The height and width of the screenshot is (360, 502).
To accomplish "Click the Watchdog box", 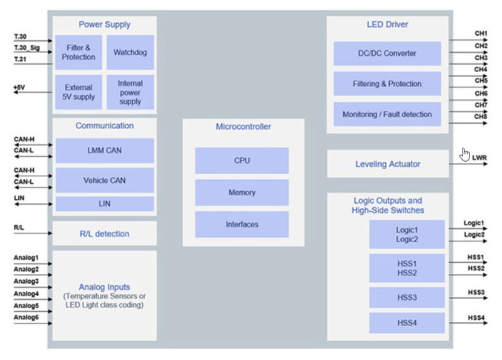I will click(130, 52).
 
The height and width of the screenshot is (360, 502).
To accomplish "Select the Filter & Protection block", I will click(78, 52).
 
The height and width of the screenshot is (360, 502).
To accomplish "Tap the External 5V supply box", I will click(78, 92).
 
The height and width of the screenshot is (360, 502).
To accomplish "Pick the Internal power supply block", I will click(130, 92).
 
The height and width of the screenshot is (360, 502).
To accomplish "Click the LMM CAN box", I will click(104, 151).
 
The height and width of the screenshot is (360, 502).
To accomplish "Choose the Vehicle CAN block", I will click(104, 180).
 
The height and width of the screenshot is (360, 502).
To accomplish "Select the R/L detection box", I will click(104, 234).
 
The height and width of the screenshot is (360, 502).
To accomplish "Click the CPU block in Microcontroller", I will click(242, 161).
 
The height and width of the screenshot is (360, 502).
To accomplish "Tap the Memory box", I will click(242, 193).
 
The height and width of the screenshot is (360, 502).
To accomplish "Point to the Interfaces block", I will click(242, 224).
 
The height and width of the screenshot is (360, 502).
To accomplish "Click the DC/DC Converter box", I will click(387, 53).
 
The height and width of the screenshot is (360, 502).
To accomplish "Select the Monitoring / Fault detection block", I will click(387, 114).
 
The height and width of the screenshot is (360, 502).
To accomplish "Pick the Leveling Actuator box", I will click(388, 164).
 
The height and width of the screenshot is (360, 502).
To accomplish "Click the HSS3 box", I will click(407, 297).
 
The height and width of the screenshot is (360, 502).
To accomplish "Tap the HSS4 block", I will click(407, 322).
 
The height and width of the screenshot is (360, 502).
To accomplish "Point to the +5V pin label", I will click(19, 88).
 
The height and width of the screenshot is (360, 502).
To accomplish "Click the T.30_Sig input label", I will click(26, 48).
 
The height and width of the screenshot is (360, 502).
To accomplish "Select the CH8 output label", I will click(481, 116).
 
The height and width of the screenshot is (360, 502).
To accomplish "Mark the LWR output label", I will click(479, 157).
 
